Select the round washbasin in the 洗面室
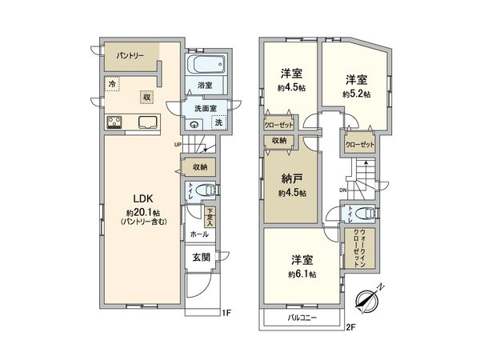click(197, 124)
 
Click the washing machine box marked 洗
click(218, 122)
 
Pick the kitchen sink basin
click(149, 122)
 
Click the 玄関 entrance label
click(201, 257)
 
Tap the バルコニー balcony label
click(302, 318)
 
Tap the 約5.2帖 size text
click(354, 94)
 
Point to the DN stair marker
click(342, 190)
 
